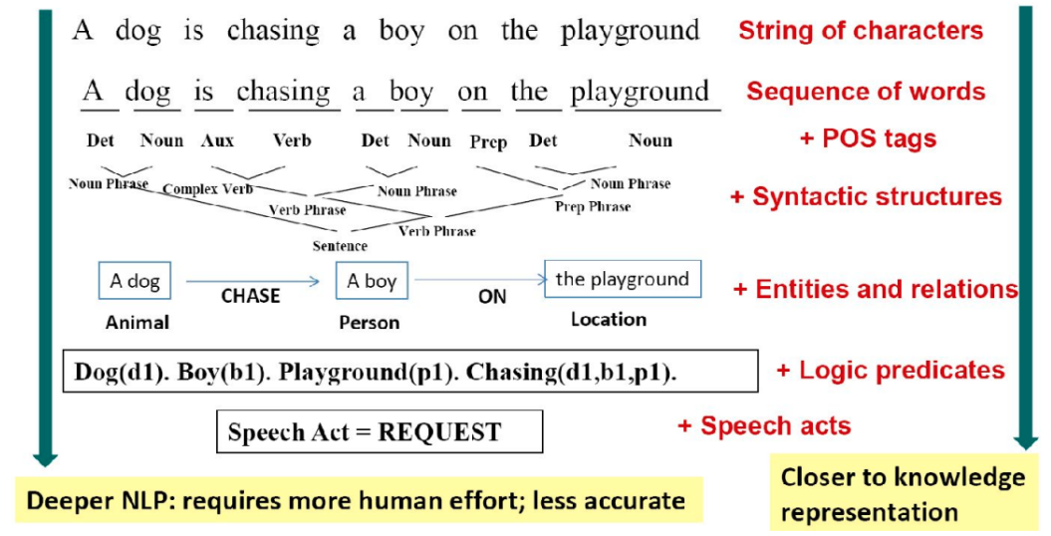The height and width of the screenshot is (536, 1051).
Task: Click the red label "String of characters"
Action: click(x=861, y=30)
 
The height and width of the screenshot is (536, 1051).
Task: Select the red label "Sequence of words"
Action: click(x=866, y=91)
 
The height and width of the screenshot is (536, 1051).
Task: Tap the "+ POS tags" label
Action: click(x=868, y=138)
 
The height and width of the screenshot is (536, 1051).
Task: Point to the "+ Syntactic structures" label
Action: click(x=866, y=197)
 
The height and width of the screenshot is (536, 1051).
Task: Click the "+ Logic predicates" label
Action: click(x=891, y=371)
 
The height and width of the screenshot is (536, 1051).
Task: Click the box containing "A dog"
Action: click(x=134, y=281)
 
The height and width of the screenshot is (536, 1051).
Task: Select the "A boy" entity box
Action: click(x=372, y=281)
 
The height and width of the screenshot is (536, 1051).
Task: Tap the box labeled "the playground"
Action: click(x=623, y=279)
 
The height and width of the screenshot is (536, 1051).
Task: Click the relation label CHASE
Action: click(x=251, y=296)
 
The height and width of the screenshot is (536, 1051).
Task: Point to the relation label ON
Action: click(x=492, y=297)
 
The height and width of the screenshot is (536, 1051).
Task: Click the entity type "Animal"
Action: click(x=136, y=322)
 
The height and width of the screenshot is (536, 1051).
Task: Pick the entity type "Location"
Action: click(x=609, y=320)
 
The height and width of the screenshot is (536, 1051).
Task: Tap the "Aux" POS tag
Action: click(x=218, y=140)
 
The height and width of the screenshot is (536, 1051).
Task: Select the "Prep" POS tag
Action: click(x=488, y=142)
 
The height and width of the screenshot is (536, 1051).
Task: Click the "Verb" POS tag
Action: click(x=292, y=140)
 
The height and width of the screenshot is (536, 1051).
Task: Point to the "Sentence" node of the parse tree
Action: click(x=340, y=246)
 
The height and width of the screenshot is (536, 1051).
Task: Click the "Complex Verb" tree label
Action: click(x=208, y=189)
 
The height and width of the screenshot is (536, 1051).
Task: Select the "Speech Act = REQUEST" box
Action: click(x=380, y=431)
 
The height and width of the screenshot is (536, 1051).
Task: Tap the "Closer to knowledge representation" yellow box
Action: click(x=904, y=492)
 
